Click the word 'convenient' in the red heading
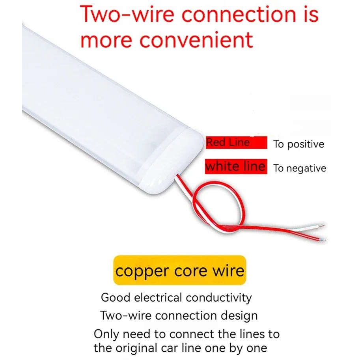pos(196,39)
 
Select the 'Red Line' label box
pos(237,143)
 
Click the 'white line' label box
pos(236,166)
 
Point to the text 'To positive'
pos(299,144)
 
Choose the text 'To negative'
pos(300,168)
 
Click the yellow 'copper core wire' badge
pos(180,270)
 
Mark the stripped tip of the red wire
pos(323,240)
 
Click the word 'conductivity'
pos(219,298)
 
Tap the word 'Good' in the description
pos(116,298)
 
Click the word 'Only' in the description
pos(106,334)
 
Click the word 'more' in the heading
pos(106,40)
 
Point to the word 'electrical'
pos(159,298)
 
